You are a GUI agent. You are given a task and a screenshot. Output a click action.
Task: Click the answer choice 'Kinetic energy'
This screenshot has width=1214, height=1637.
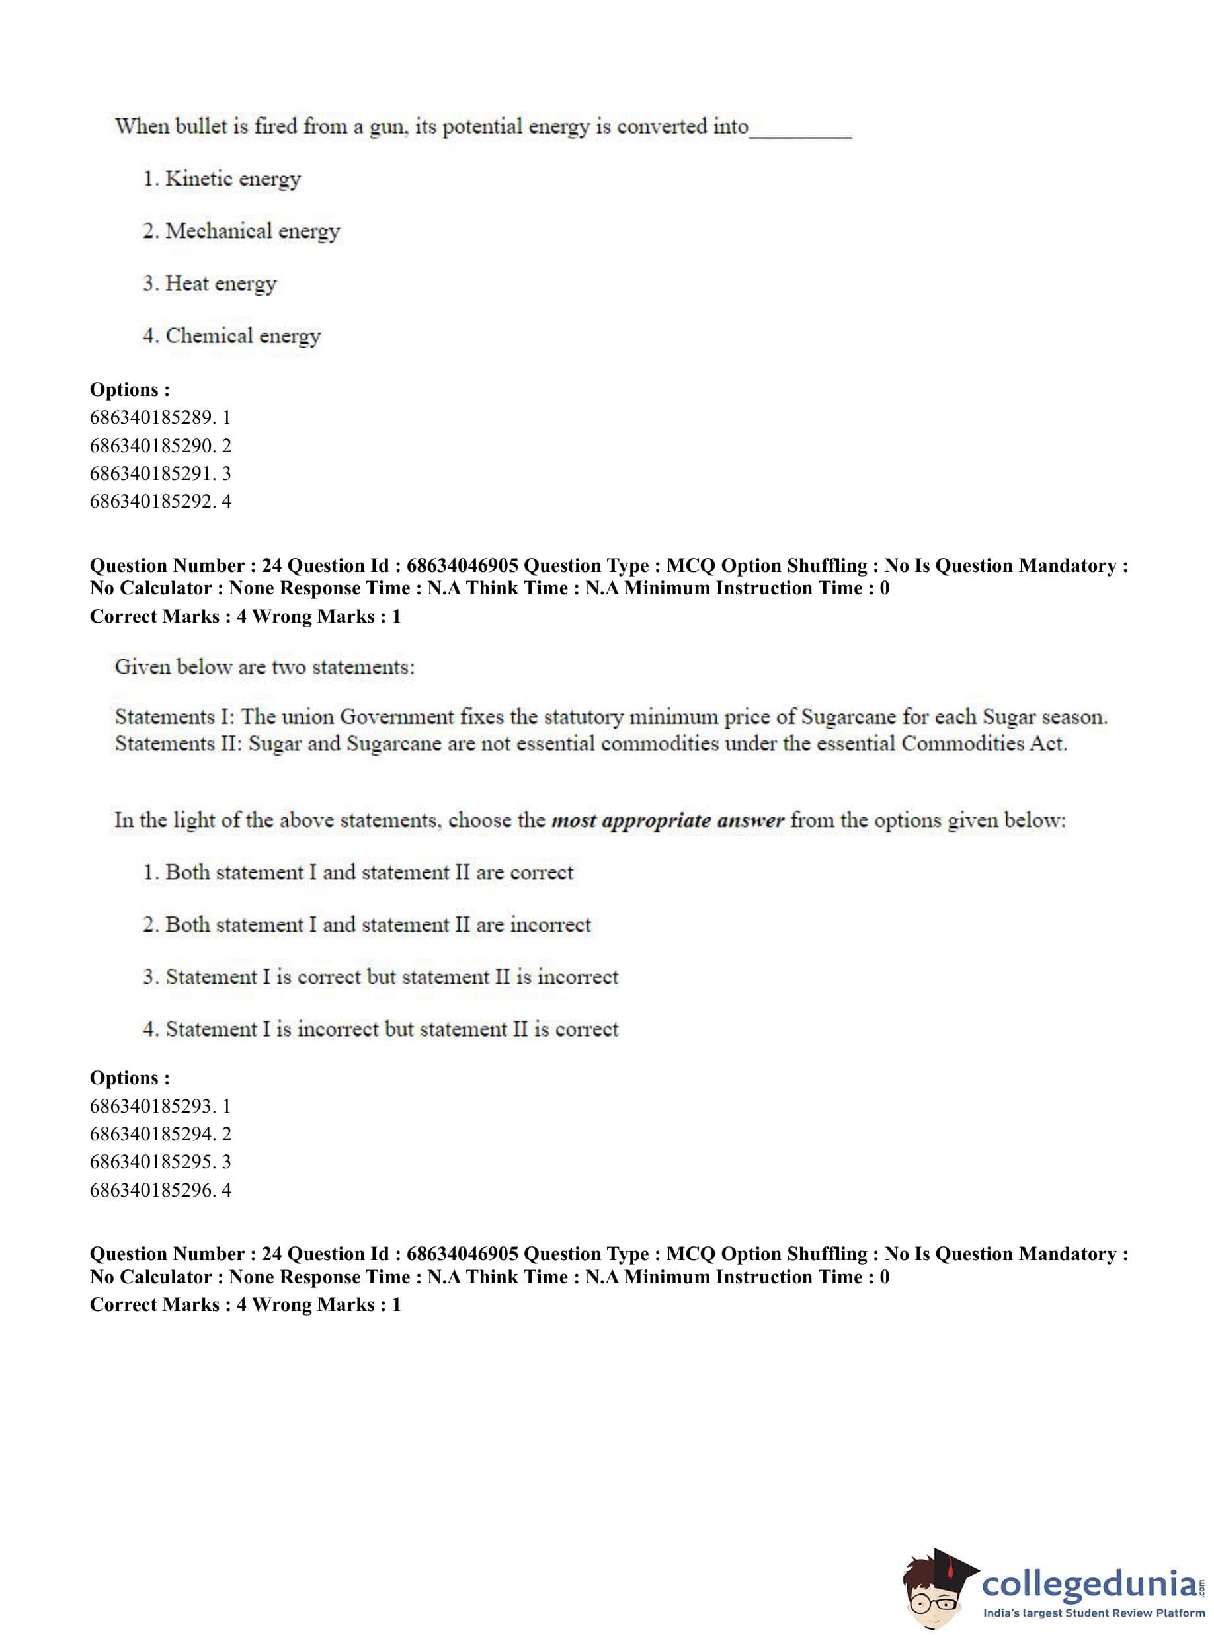(232, 179)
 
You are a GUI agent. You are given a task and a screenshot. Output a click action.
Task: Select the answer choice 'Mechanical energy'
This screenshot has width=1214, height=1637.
(252, 231)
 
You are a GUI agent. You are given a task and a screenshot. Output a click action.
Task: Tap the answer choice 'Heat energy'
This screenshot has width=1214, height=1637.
(220, 283)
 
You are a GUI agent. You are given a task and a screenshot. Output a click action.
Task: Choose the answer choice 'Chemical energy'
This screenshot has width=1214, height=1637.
(243, 336)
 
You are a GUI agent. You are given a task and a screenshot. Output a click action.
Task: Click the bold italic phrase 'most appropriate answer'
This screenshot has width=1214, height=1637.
(667, 820)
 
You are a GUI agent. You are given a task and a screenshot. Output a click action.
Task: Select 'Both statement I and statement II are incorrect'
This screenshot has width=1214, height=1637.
(378, 924)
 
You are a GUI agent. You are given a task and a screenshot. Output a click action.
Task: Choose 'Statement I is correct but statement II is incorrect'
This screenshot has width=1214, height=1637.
(391, 977)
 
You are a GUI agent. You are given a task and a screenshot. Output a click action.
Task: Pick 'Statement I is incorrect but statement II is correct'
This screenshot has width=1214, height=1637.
(391, 1029)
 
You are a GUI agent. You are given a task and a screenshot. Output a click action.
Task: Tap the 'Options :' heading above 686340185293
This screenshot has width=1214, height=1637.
(130, 1078)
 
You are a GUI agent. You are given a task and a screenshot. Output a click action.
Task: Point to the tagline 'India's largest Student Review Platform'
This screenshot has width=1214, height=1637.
(1094, 1612)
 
